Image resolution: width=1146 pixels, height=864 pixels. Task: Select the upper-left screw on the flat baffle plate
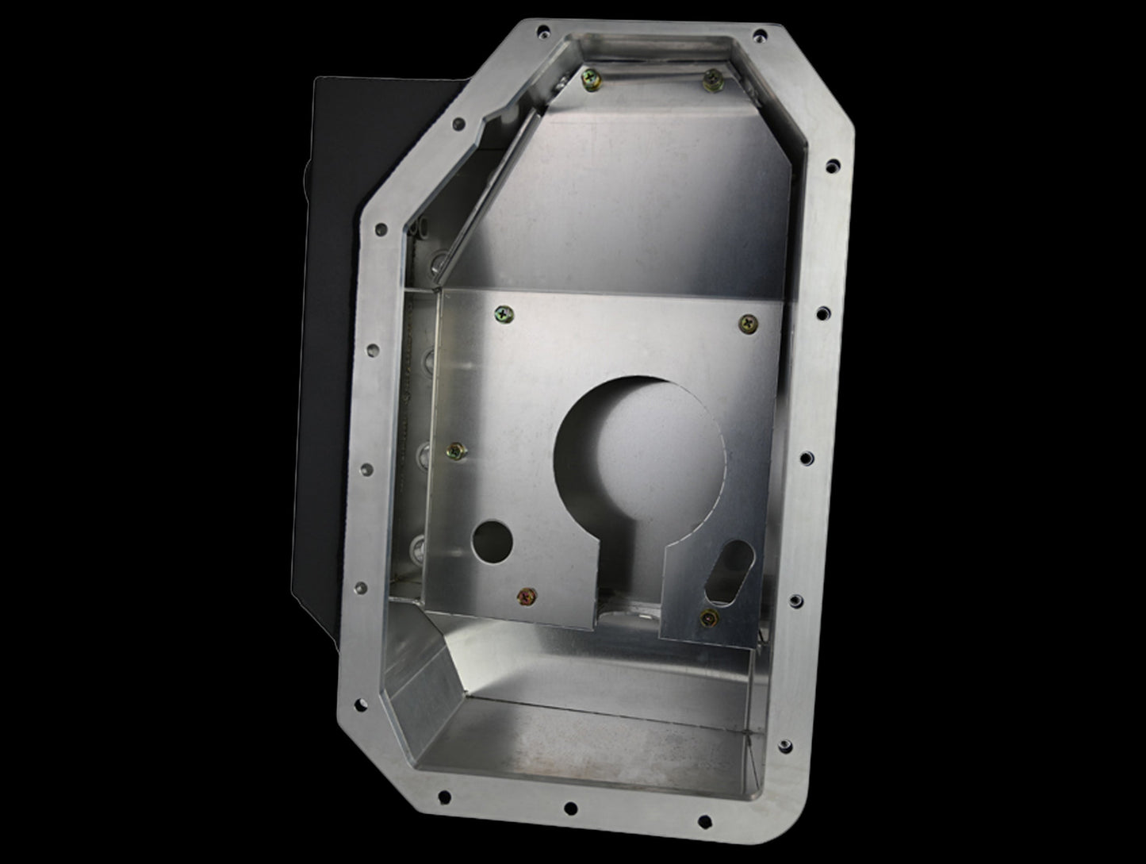(503, 314)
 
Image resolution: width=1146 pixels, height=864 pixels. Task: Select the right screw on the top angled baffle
(711, 77)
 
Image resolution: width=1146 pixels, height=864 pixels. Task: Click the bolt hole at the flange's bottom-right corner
(784, 747)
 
